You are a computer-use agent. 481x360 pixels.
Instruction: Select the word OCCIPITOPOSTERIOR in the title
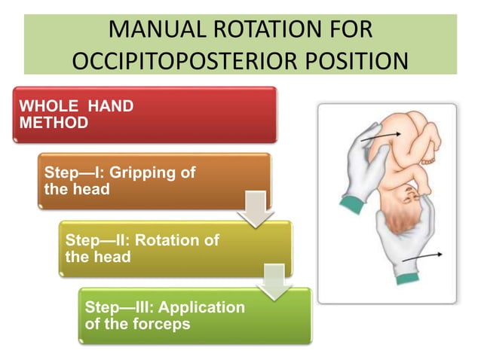(x=175, y=61)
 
